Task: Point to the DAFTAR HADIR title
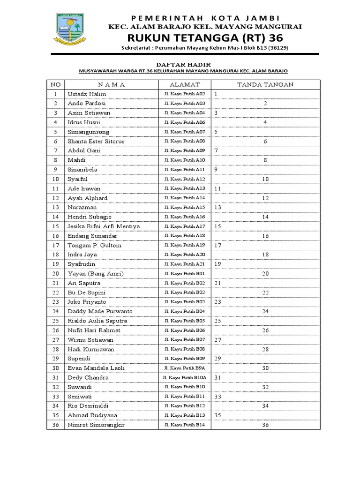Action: [x=183, y=64]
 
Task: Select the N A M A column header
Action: [x=112, y=84]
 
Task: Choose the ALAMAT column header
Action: [x=184, y=84]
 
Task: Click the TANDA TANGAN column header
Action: [x=265, y=84]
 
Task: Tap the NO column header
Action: [x=55, y=84]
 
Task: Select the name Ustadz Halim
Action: [x=87, y=94]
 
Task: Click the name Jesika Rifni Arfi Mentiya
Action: [x=104, y=226]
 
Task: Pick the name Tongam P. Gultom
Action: [x=94, y=245]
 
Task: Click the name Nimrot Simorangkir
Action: [x=97, y=425]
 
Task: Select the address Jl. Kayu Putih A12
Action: [x=184, y=179]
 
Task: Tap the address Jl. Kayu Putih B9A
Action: [x=184, y=368]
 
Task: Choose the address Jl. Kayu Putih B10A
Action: [x=184, y=377]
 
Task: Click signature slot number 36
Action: [x=265, y=425]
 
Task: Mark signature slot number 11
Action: [x=217, y=188]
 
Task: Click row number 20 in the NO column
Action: [x=55, y=274]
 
